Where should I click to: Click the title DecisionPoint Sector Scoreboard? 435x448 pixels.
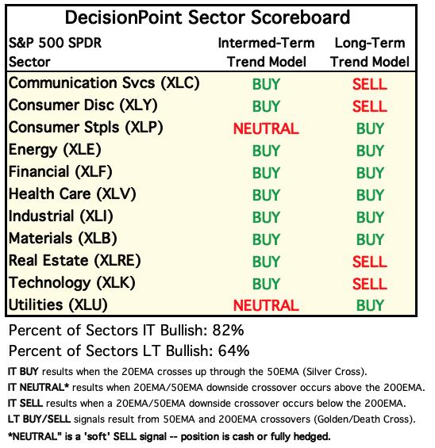tap(207, 17)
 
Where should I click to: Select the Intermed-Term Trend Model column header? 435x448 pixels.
tap(266, 52)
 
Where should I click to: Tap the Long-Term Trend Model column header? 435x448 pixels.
tap(370, 52)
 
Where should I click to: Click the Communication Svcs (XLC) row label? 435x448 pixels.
tap(104, 83)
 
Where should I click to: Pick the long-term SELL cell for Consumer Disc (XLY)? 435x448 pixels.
tap(369, 106)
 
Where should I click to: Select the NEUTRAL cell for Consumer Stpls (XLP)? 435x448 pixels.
tap(266, 128)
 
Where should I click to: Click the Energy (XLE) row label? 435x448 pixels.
tap(55, 150)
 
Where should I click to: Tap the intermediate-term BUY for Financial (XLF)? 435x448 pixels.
tap(266, 173)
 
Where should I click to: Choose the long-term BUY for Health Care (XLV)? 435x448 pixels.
tap(370, 195)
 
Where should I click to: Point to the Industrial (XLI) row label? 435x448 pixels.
tap(60, 216)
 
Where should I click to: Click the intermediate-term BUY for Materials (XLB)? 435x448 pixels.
tap(266, 239)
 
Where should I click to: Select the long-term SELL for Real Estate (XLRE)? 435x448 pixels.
tap(369, 262)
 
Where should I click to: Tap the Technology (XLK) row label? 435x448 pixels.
tap(71, 283)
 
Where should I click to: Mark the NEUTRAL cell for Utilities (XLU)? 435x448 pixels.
tap(266, 305)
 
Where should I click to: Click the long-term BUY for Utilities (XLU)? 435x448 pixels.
tap(370, 305)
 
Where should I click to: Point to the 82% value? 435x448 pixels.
tap(228, 331)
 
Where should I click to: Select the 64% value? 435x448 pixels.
tap(233, 350)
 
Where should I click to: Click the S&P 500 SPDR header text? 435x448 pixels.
tap(55, 43)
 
